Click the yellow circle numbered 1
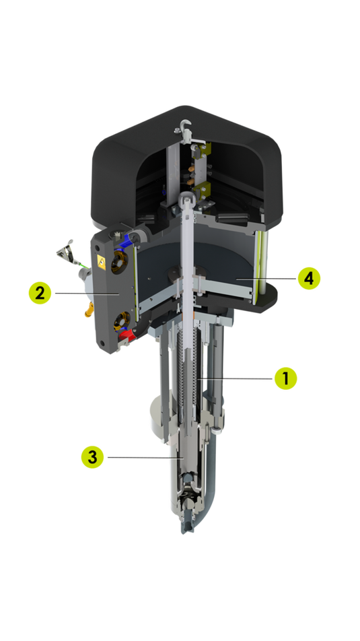285,378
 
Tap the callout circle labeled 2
40,293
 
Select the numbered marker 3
92,457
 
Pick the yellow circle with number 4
309,278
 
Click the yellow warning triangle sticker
101,263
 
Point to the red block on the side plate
127,336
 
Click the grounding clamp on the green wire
67,252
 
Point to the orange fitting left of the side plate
89,310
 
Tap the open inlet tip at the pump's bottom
188,527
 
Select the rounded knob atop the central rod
186,197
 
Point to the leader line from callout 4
266,278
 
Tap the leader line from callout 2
87,293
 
